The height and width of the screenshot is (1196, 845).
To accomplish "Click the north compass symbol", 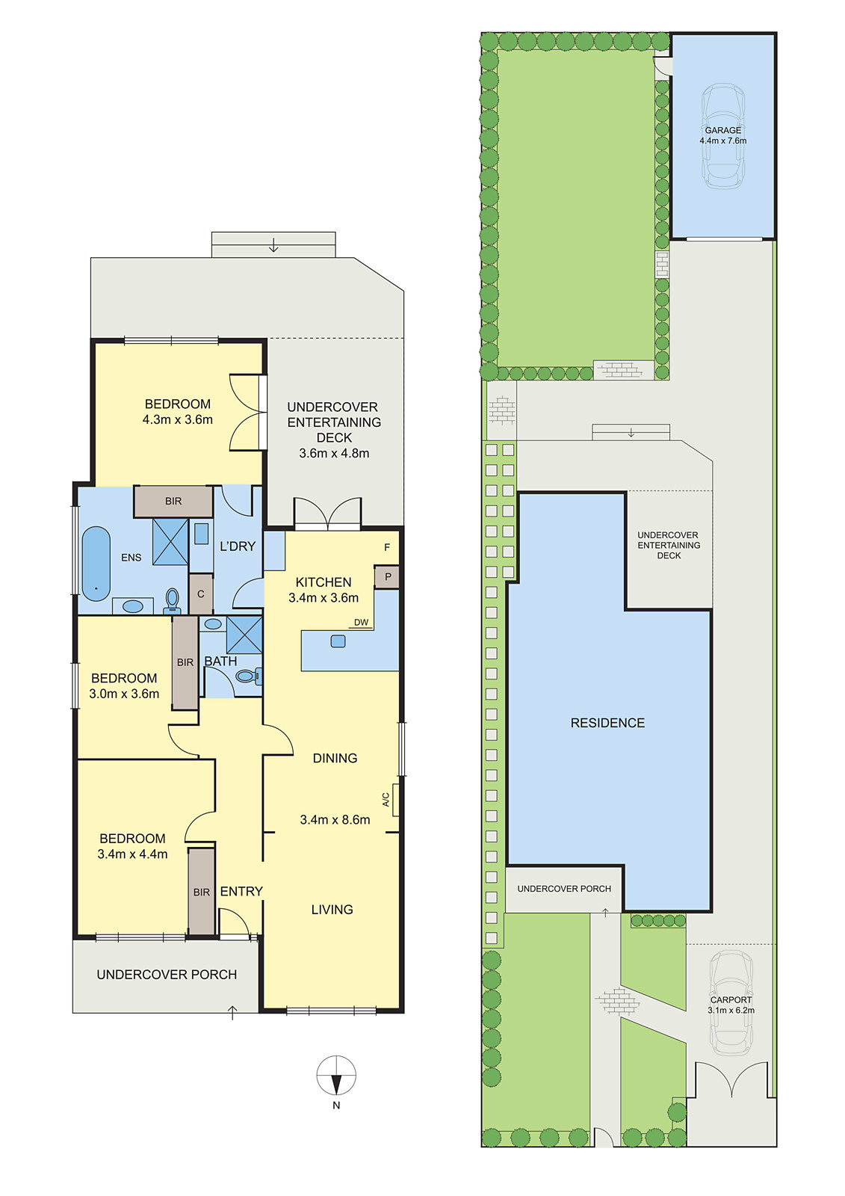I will click(x=336, y=1076).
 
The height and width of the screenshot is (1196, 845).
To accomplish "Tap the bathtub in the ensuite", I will click(x=96, y=563).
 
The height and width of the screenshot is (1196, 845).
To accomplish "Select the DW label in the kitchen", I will click(x=361, y=623).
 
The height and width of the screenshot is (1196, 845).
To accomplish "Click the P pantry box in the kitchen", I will click(x=387, y=577).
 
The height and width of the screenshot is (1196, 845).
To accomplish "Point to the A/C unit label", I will click(x=386, y=799).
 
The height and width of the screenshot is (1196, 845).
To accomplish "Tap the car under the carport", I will click(x=731, y=1002).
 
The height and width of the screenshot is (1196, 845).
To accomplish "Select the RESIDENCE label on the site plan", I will click(x=607, y=723).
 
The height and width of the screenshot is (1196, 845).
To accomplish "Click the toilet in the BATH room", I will click(x=247, y=676).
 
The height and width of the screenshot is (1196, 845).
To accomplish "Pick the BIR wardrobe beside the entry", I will click(x=201, y=891).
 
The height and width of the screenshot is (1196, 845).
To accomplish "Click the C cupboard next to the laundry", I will click(x=200, y=594).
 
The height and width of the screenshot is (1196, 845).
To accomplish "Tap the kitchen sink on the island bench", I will click(x=338, y=641).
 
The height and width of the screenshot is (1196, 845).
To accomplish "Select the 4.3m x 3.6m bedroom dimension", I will click(x=178, y=420).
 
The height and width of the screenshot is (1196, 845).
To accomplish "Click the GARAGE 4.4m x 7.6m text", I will click(x=722, y=135).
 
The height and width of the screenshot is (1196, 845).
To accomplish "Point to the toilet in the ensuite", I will click(x=173, y=599).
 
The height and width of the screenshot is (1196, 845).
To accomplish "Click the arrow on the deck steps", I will click(x=273, y=244).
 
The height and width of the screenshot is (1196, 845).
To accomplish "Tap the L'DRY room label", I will click(x=238, y=546).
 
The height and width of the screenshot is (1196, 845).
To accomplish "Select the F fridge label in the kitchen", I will click(x=387, y=548).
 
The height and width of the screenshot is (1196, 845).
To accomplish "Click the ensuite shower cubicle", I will click(x=170, y=540).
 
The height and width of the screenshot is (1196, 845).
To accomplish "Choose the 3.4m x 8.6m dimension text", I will click(x=335, y=820).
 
